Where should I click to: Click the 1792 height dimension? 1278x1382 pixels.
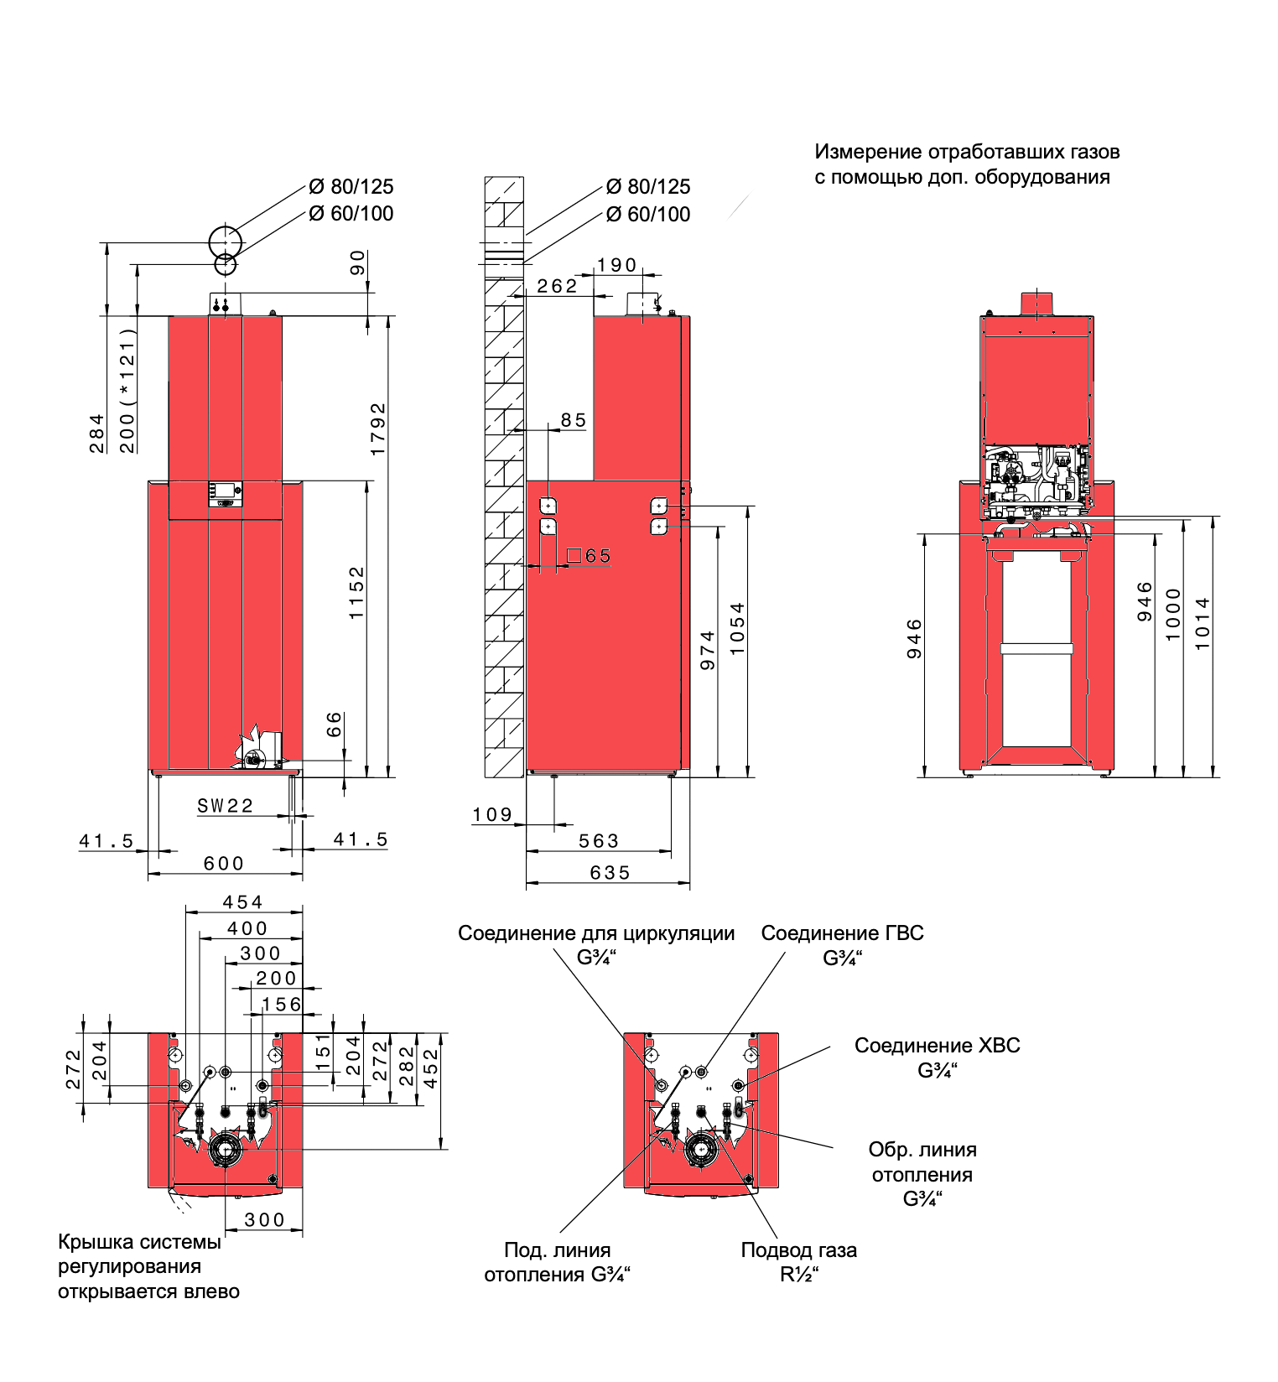pos(378,429)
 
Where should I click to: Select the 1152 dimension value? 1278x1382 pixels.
pos(357,593)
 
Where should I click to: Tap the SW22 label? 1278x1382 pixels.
pos(225,806)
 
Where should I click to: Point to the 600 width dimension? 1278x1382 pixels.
pos(224,863)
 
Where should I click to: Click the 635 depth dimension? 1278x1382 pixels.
pos(610,873)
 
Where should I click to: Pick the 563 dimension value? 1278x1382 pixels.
pos(599,841)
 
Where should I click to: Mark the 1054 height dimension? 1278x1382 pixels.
pos(737,628)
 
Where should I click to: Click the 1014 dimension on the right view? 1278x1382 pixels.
pos(1203,623)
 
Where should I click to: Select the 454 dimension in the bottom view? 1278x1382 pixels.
pos(242,902)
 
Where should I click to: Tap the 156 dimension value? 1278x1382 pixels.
pos(281,1004)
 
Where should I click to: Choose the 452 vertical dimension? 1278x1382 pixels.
pos(431,1068)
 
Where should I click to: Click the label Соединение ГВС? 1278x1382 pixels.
pos(842,933)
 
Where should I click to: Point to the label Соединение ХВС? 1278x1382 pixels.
pos(937,1046)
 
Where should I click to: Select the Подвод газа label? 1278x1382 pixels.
pos(798,1250)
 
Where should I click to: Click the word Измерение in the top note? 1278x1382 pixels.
pos(868,152)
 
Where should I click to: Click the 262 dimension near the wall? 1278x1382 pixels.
pos(557,286)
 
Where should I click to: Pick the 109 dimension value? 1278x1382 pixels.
pos(492,814)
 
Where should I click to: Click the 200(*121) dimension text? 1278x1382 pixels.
pos(127,390)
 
